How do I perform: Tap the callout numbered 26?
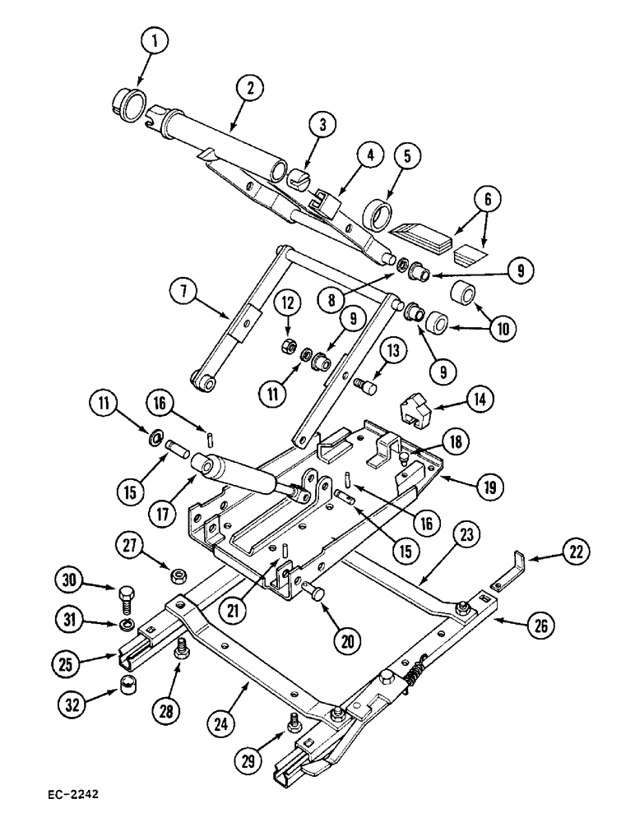539,628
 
